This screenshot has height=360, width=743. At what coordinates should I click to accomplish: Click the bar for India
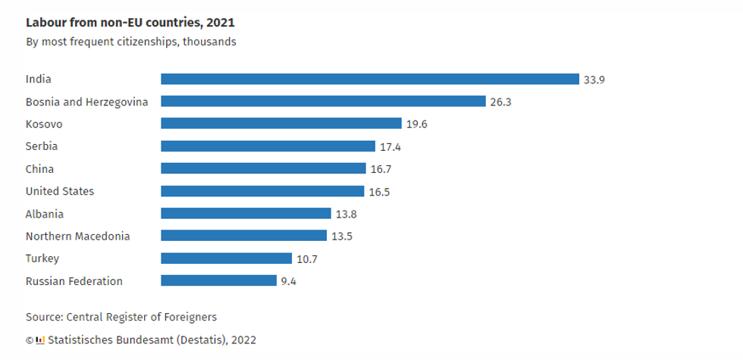pos(370,79)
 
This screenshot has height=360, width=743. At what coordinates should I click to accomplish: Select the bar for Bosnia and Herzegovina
pos(323,102)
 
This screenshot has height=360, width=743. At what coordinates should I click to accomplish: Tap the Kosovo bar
pos(281,124)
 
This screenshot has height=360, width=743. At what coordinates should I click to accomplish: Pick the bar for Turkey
pos(226,258)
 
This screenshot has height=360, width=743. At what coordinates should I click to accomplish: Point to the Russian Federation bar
pos(218,281)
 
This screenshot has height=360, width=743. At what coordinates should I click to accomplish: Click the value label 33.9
pos(594,79)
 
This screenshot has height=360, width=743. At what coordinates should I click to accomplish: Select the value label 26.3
pos(500,102)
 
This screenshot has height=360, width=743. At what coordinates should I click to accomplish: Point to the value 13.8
pos(346,214)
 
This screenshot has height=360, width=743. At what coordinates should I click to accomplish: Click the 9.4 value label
pos(289,281)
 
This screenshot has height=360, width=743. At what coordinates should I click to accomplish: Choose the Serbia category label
pos(42,146)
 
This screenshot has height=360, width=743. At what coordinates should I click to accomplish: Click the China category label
pos(39,169)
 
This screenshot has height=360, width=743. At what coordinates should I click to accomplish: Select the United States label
pos(60,191)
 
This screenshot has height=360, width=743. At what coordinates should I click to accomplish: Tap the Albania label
pos(45,214)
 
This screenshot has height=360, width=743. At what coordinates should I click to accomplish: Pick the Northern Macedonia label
pos(77,236)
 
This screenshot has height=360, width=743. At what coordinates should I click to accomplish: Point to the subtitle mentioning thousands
pos(130,42)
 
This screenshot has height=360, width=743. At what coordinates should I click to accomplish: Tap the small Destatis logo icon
pos(41,340)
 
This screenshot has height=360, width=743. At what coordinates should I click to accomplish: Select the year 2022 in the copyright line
pos(243,340)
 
